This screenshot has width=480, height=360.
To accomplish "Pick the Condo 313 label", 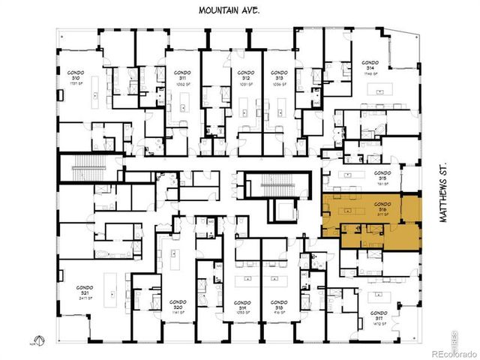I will pyautogui.click(x=278, y=76).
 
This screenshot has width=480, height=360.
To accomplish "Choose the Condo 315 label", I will pyautogui.click(x=382, y=176).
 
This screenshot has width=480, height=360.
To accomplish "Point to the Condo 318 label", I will pyautogui.click(x=278, y=309).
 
